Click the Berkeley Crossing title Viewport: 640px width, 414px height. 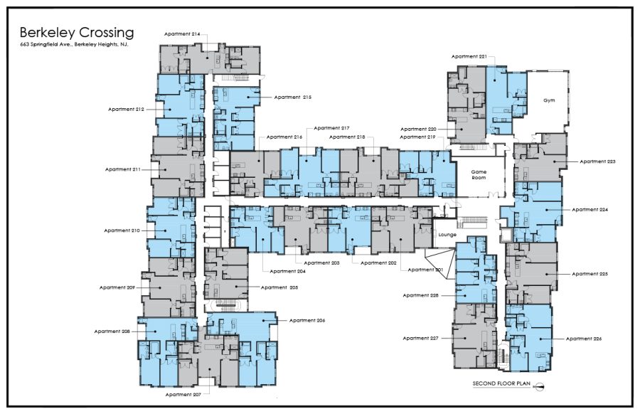77,33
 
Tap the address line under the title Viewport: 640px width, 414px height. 74,45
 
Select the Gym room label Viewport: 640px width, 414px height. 549,100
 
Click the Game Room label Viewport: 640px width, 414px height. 479,175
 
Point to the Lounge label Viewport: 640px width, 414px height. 447,235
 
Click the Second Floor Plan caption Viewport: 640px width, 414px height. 501,384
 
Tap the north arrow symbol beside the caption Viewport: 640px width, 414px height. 539,386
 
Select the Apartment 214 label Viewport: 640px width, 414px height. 182,34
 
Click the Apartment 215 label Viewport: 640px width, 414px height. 293,97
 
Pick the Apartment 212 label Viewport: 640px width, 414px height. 126,110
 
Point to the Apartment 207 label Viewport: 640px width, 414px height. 184,395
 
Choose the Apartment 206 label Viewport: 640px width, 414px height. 307,321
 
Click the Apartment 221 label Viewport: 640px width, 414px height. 469,57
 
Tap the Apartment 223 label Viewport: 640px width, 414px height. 597,161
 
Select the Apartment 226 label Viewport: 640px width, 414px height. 584,339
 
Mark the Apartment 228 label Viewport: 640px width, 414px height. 420,295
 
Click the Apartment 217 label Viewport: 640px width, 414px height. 331,128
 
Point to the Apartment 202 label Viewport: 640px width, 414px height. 378,263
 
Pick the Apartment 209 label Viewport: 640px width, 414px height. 117,288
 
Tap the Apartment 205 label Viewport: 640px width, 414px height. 279,288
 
